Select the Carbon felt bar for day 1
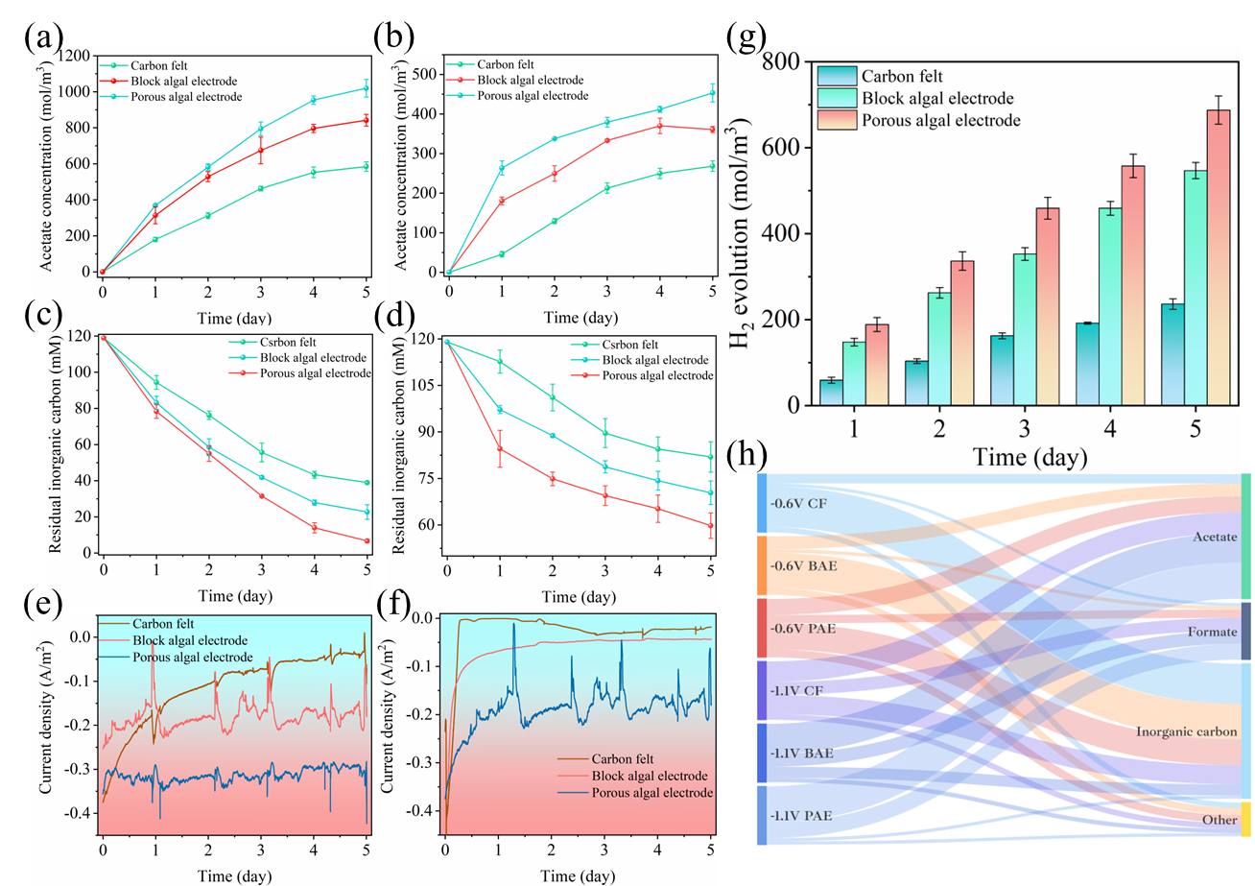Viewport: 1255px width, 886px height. coord(831,393)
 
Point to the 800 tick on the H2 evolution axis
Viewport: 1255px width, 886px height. coord(783,62)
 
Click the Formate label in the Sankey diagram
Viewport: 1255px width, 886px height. coord(1212,632)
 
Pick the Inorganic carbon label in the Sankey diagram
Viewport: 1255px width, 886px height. coord(1186,731)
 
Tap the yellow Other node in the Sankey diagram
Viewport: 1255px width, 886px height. coord(1245,819)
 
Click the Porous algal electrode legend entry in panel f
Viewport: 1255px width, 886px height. coord(652,793)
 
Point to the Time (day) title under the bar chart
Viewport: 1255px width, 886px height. coord(1030,457)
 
